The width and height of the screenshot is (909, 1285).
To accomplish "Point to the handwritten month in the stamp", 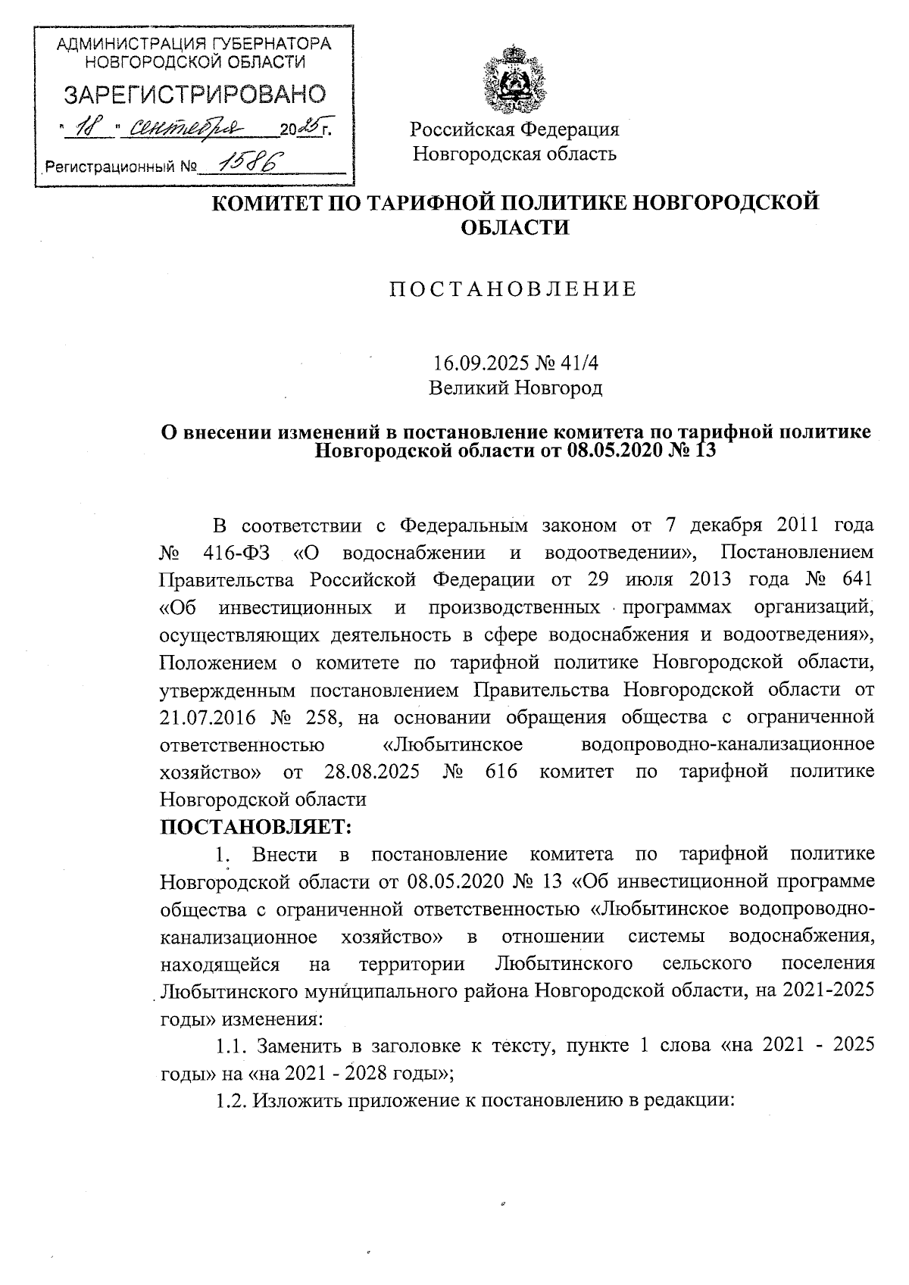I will pyautogui.click(x=180, y=128).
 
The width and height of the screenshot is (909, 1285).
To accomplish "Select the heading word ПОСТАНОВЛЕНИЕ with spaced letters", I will pyautogui.click(x=513, y=289).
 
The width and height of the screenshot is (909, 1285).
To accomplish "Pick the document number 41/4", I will pyautogui.click(x=579, y=363).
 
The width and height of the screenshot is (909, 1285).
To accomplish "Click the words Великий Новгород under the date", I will pyautogui.click(x=515, y=389).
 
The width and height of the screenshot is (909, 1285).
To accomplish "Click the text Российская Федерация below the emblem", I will pyautogui.click(x=514, y=129).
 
